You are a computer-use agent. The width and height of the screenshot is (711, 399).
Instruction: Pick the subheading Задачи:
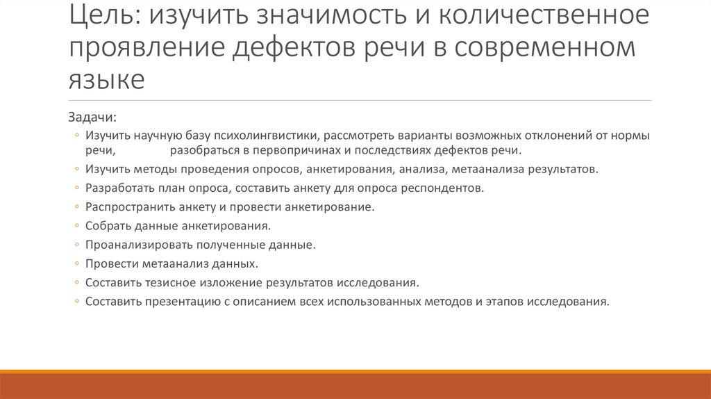(92, 115)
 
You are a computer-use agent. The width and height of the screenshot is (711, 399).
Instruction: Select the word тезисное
(169, 283)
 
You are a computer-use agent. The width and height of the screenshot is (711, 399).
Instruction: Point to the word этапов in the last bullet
(505, 302)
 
